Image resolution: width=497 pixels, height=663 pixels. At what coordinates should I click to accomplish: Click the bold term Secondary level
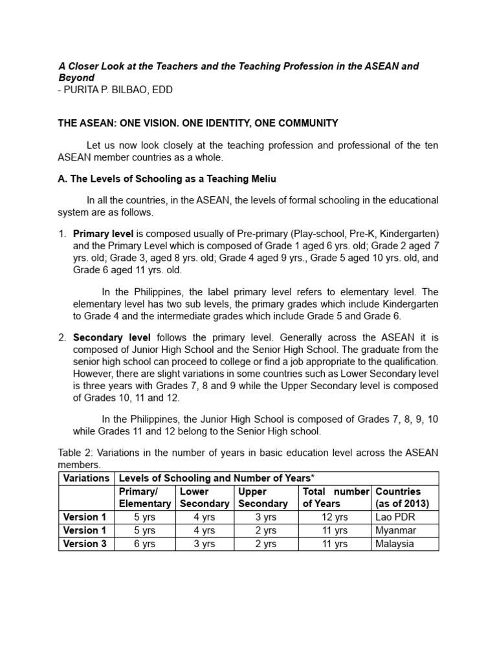(112, 337)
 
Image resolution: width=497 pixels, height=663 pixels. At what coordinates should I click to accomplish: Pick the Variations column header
(86, 478)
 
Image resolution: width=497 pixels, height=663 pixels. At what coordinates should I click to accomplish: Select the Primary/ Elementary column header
(144, 497)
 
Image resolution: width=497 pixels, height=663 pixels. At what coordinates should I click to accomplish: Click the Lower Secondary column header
(204, 497)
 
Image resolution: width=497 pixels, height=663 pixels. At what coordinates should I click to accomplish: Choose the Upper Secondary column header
(263, 497)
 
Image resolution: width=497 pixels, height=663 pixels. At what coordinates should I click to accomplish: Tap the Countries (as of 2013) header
(402, 497)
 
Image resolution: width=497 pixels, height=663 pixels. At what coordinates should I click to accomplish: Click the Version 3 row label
(85, 544)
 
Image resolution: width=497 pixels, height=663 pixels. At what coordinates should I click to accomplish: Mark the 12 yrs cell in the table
(335, 517)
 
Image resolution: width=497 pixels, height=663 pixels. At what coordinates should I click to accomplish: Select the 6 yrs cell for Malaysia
(144, 544)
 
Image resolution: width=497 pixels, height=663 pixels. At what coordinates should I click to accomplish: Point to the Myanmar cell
(396, 530)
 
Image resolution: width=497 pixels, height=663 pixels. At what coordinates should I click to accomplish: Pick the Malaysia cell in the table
(395, 544)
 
